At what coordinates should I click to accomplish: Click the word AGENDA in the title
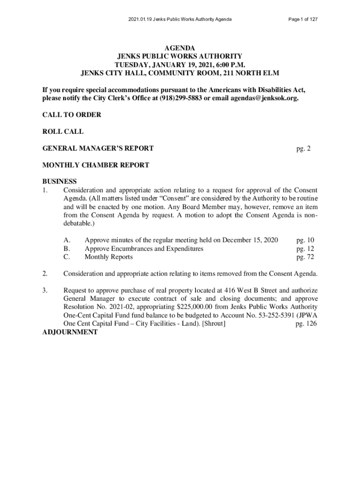tap(180, 48)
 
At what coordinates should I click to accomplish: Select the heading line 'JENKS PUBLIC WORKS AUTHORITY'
tap(180, 56)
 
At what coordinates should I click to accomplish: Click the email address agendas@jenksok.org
tap(264, 99)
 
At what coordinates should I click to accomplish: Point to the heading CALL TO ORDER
tap(72, 115)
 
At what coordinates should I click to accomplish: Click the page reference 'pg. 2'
tap(303, 149)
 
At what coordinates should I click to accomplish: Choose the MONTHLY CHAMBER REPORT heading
tap(96, 165)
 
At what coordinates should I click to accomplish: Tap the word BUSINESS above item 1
tap(59, 181)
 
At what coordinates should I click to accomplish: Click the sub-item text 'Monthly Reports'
tap(108, 257)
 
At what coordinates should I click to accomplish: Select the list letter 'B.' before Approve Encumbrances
tap(67, 248)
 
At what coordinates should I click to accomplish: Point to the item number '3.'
tap(45, 290)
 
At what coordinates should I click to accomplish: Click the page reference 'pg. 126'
tap(306, 324)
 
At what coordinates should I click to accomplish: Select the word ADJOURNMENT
tap(70, 332)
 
